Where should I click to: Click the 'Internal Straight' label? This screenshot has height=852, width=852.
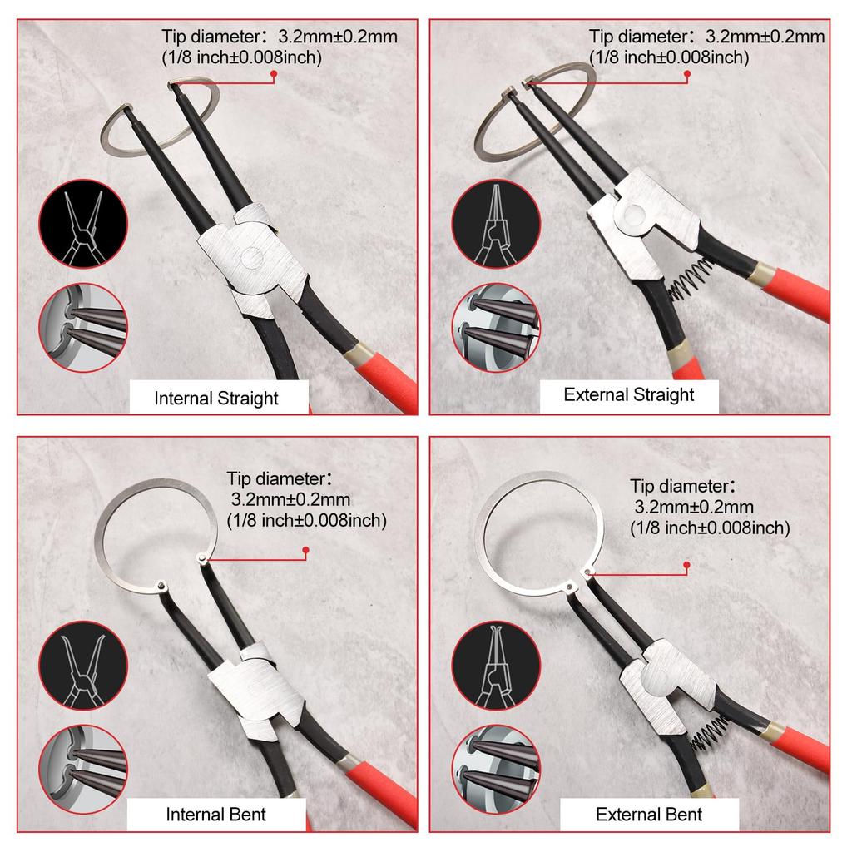pyautogui.click(x=216, y=398)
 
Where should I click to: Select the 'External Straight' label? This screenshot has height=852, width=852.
pyautogui.click(x=628, y=394)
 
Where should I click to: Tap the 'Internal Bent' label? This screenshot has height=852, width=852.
pyautogui.click(x=216, y=814)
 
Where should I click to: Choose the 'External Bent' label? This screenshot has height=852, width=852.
pyautogui.click(x=649, y=814)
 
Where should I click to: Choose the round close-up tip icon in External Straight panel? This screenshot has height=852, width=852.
pyautogui.click(x=496, y=328)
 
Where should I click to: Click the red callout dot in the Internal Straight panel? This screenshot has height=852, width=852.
pyautogui.click(x=272, y=77)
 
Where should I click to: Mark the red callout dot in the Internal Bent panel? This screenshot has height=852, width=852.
pyautogui.click(x=305, y=550)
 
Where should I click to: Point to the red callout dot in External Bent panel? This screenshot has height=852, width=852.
pyautogui.click(x=686, y=566)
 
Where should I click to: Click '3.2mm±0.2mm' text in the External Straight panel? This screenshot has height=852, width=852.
pyautogui.click(x=765, y=37)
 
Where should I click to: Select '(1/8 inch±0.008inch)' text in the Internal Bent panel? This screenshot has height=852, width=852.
pyautogui.click(x=306, y=521)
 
